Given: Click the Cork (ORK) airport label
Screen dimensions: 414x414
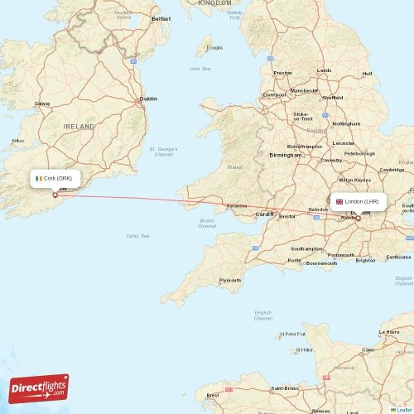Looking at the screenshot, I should click(x=58, y=178).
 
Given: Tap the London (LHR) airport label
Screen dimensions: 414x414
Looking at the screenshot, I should click(x=362, y=201).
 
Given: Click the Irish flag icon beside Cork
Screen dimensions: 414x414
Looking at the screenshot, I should click(x=38, y=178).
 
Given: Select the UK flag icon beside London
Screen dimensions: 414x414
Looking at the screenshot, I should click(x=339, y=201).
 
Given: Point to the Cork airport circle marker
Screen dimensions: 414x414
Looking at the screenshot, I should click(x=55, y=195).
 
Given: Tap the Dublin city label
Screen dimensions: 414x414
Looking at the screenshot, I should click(x=148, y=99).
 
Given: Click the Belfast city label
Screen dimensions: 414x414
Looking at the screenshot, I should click(x=161, y=17).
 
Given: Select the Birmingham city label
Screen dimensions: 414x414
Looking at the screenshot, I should click(x=285, y=155).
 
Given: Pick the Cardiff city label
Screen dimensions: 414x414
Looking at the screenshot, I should click(x=264, y=214).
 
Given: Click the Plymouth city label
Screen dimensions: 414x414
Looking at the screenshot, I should click(x=229, y=281).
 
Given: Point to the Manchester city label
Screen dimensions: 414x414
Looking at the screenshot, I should click(x=304, y=90).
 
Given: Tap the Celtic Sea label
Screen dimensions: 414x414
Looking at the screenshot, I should click(x=138, y=236).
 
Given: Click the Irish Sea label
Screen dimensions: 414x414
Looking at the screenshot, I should click(x=200, y=69).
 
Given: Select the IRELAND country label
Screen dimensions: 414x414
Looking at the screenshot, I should click(x=79, y=126).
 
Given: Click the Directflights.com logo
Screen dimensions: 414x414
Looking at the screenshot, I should click(x=40, y=388).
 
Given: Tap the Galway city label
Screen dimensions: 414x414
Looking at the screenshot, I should click(x=42, y=103).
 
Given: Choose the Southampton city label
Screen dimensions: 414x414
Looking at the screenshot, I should click(x=306, y=248).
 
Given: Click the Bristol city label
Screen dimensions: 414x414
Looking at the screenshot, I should click(x=287, y=216).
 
